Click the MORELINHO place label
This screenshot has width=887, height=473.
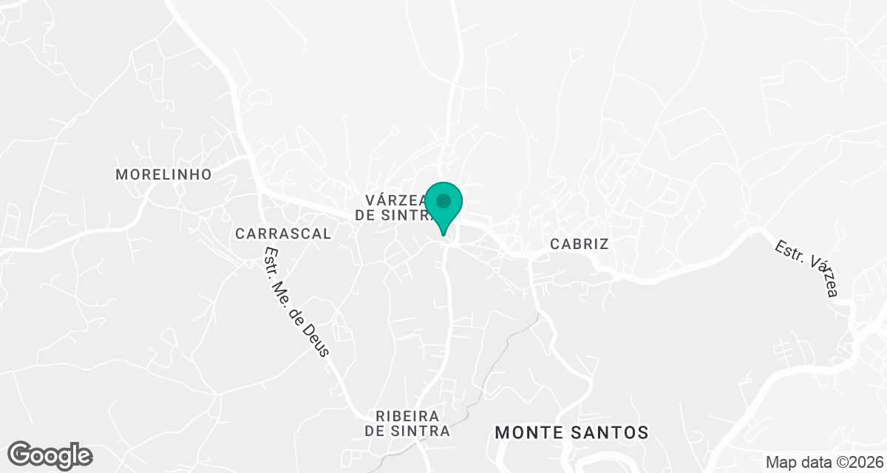[x=163, y=174]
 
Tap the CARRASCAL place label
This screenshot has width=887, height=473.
[x=283, y=234]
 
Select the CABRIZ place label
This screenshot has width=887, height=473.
[x=580, y=244]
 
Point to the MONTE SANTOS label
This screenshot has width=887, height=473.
[x=571, y=432]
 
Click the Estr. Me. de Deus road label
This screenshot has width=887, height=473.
[x=296, y=301]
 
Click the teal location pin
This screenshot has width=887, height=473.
[x=443, y=206]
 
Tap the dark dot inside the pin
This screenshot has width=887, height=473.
[x=443, y=200]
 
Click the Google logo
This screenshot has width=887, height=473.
[x=50, y=455]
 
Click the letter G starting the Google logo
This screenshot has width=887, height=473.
[x=21, y=454]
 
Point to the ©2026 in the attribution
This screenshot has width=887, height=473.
[x=860, y=462]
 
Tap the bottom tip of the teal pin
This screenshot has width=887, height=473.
[x=443, y=234]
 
